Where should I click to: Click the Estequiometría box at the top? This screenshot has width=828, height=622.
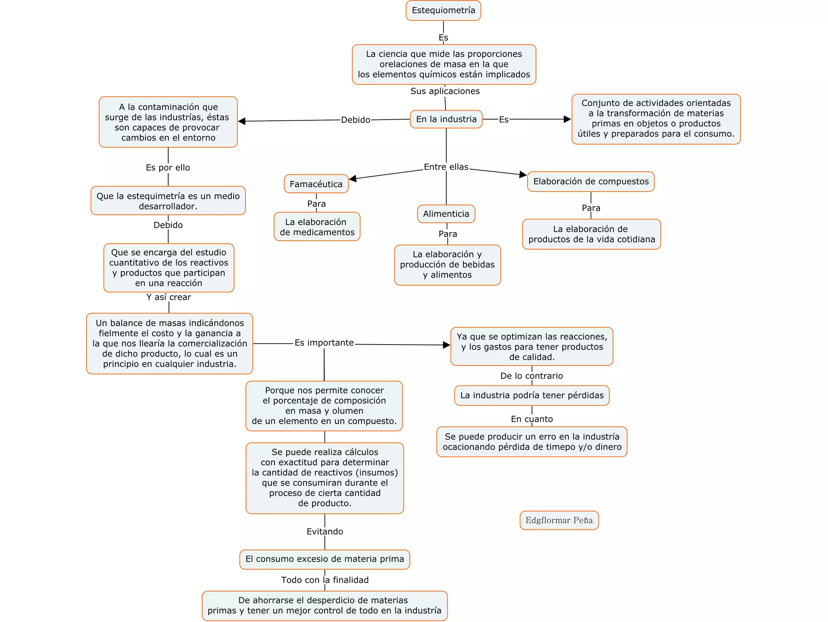443,11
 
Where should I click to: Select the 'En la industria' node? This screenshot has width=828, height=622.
446,119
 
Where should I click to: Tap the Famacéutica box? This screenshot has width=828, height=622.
316,184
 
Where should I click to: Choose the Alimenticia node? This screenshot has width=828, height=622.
446,214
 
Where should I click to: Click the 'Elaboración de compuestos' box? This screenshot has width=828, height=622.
591,181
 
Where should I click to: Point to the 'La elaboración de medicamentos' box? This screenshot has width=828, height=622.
317,227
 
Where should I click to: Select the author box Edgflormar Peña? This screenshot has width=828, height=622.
559,520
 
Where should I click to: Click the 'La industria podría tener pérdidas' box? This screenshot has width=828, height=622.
532,395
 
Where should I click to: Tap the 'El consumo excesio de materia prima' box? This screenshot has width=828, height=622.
325,559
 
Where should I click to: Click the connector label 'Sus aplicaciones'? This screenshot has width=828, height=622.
445,91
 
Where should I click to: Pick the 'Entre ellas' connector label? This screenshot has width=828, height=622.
446,167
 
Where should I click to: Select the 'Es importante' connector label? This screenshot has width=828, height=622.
324,343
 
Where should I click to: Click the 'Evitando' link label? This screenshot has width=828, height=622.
325,532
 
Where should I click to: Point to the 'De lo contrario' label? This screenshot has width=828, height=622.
531,376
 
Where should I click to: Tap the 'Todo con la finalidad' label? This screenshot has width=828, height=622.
325,580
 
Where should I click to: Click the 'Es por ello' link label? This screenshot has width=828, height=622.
168,168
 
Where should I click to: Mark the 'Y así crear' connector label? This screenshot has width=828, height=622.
169,297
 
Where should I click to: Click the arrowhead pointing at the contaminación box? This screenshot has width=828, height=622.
242,121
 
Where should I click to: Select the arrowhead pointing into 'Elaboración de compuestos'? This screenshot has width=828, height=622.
523,174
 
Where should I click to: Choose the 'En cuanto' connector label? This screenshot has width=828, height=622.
532,419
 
